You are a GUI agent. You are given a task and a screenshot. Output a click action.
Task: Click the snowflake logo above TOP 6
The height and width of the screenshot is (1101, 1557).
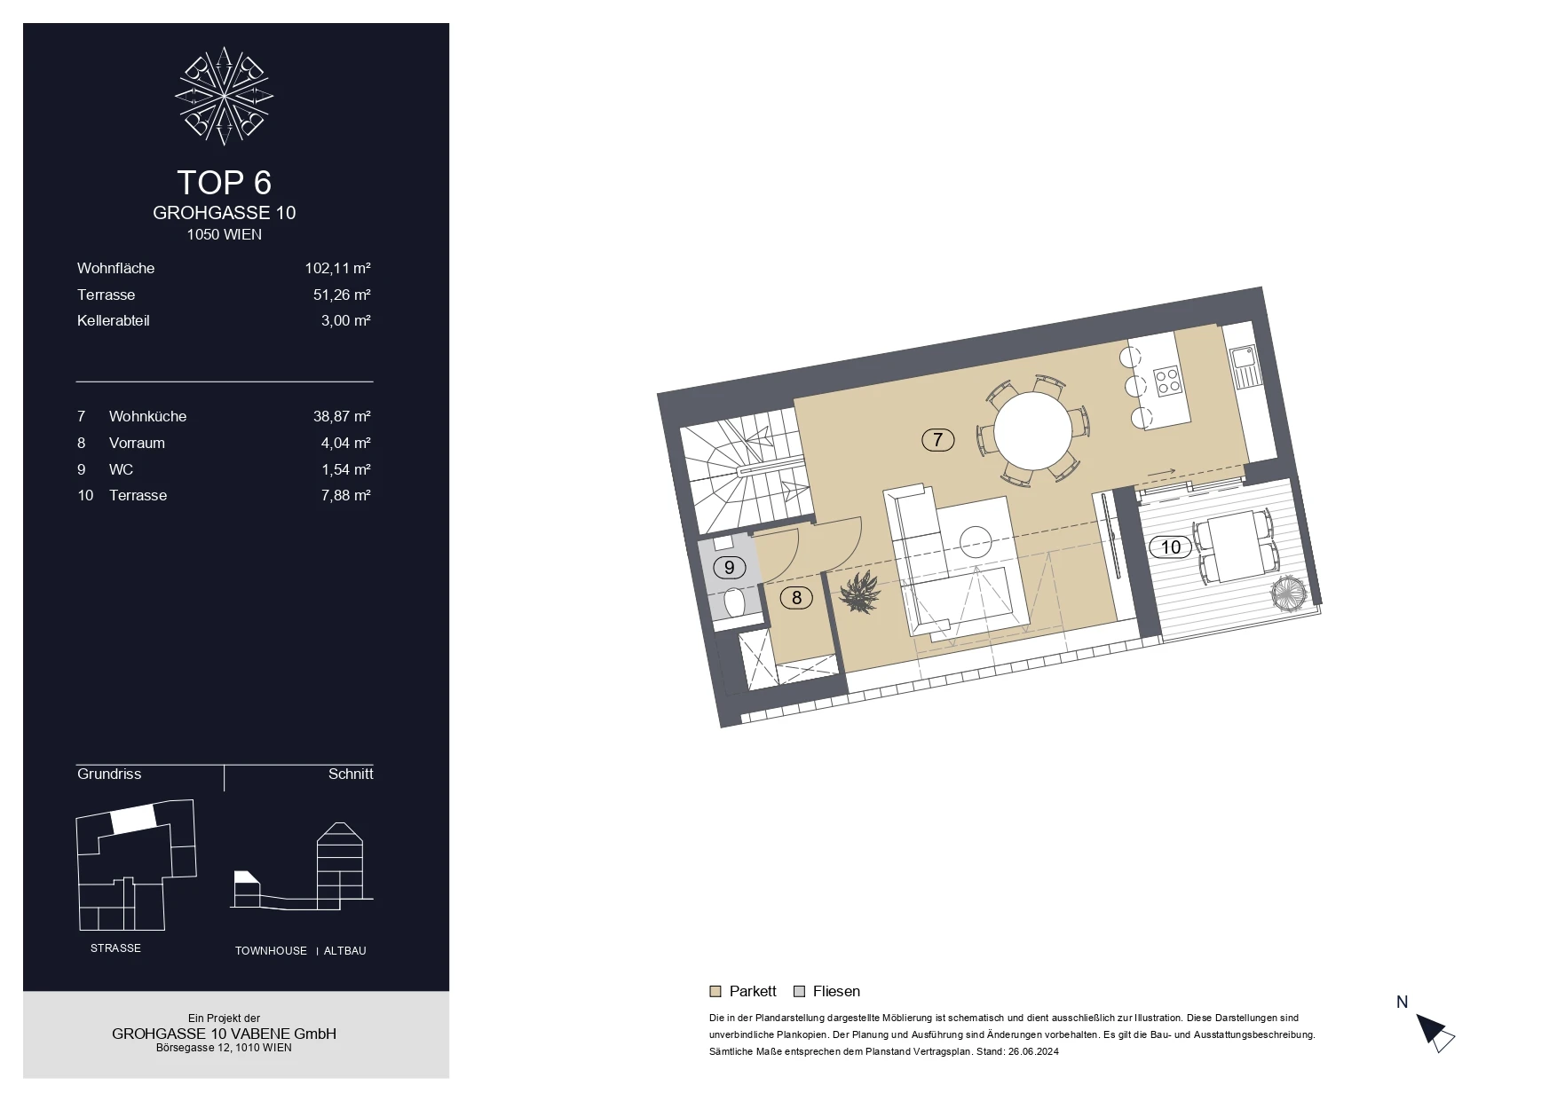point(224,96)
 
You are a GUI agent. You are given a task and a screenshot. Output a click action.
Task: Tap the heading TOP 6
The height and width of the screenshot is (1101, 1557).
point(224,183)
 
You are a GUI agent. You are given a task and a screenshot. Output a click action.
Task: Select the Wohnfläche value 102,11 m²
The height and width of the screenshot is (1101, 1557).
point(337,268)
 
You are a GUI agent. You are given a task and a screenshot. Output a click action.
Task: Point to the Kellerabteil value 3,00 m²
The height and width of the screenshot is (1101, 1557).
point(345,320)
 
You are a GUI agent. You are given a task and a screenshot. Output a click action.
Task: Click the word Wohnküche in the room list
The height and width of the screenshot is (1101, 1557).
point(147,416)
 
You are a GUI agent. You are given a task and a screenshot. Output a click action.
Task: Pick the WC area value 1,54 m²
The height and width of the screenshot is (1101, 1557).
point(345,469)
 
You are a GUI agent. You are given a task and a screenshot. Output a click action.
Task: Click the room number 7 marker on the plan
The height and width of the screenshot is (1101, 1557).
point(937,439)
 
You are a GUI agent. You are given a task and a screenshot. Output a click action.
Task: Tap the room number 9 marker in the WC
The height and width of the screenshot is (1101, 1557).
point(730,567)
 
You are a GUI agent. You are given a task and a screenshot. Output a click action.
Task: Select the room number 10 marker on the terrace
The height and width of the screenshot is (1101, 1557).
point(1171,547)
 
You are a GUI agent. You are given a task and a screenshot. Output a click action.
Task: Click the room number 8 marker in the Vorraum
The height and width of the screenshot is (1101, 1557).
point(796,598)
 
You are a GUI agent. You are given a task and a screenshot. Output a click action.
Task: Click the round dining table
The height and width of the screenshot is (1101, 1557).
point(1032,431)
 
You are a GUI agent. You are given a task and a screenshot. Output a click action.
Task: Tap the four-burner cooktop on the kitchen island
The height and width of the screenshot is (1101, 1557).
point(1167,381)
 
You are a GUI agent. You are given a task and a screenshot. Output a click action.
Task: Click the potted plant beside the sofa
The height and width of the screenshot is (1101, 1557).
point(858,592)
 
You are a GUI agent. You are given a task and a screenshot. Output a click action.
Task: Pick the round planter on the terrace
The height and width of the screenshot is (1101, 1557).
point(1288,593)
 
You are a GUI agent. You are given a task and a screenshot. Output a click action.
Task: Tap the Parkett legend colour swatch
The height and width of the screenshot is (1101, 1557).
point(715,992)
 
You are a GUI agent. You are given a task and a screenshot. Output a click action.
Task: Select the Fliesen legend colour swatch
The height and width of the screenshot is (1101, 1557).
point(799,992)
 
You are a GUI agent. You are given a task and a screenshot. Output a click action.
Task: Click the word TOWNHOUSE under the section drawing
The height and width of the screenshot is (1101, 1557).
point(271,951)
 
